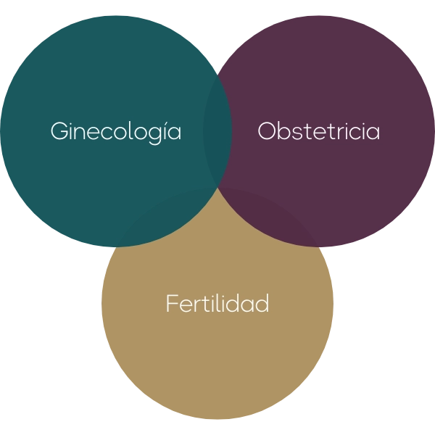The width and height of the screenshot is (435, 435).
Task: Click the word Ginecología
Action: pyautogui.click(x=116, y=133)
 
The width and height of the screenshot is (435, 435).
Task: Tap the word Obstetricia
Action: pyautogui.click(x=319, y=130)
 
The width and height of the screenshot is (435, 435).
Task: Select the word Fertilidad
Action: pyautogui.click(x=217, y=303)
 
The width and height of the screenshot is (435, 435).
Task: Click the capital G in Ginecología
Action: pyautogui.click(x=59, y=130)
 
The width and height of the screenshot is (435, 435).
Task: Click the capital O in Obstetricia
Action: pyautogui.click(x=267, y=130)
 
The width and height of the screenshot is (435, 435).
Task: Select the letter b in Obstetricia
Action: pyautogui.click(x=287, y=130)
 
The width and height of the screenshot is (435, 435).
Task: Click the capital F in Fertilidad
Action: pyautogui.click(x=172, y=303)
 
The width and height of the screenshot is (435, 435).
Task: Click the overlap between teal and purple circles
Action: pyautogui.click(x=217, y=130)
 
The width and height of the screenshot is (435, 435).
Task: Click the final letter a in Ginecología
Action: pyautogui.click(x=175, y=133)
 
